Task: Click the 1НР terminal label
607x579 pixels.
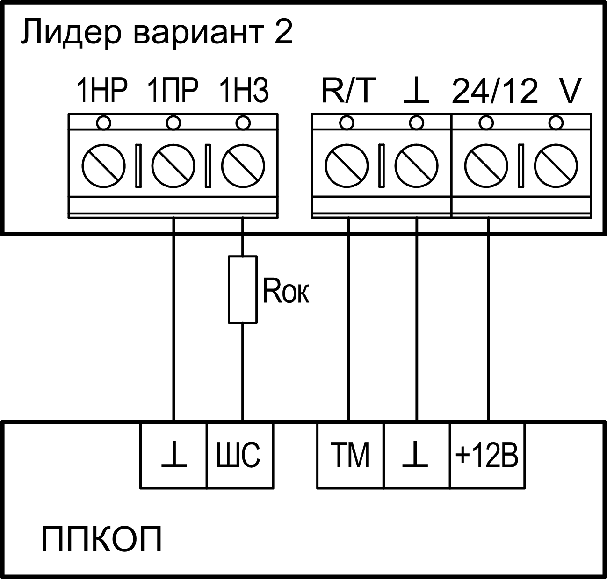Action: [102, 91]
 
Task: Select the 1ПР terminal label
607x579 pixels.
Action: [173, 91]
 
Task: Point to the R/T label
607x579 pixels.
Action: [348, 91]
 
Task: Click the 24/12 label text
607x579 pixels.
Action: [495, 91]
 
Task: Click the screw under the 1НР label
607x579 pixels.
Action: [103, 166]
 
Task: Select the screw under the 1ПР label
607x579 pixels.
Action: [173, 166]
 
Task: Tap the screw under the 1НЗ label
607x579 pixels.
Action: [243, 166]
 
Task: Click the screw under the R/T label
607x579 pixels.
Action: [347, 166]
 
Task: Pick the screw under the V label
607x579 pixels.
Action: [556, 166]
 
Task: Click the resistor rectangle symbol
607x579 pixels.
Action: [243, 289]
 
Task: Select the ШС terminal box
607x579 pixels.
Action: [240, 456]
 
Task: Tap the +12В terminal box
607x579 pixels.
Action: [487, 456]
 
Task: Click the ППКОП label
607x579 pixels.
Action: [101, 540]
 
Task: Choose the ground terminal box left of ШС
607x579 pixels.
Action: [173, 456]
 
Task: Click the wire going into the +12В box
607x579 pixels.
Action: [489, 327]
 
